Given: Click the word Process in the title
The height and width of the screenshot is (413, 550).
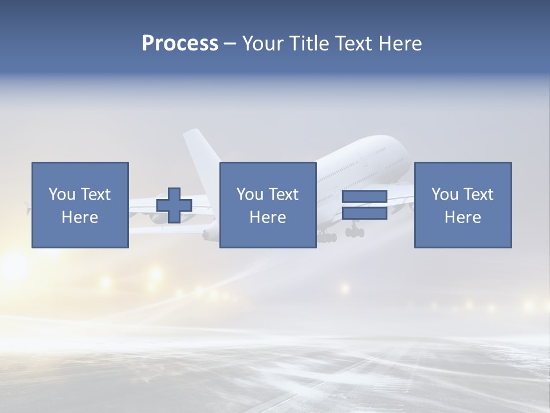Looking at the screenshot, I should tap(180, 44).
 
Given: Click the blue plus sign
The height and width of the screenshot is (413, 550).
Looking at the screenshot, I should tap(174, 205).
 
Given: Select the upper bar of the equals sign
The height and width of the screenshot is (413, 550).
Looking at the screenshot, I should tap(364, 197).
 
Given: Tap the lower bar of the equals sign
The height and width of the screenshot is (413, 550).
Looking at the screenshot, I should tap(364, 213).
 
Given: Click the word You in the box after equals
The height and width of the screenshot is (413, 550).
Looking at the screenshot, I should tap(445, 194).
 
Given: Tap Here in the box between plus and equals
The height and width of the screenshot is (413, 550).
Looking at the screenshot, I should tap(268, 217).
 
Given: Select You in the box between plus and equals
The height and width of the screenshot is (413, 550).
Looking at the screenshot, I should tap(250, 194).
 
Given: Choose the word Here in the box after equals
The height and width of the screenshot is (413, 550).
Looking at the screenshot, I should tap(462, 217).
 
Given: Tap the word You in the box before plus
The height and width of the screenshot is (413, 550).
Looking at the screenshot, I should tap(62, 194).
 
